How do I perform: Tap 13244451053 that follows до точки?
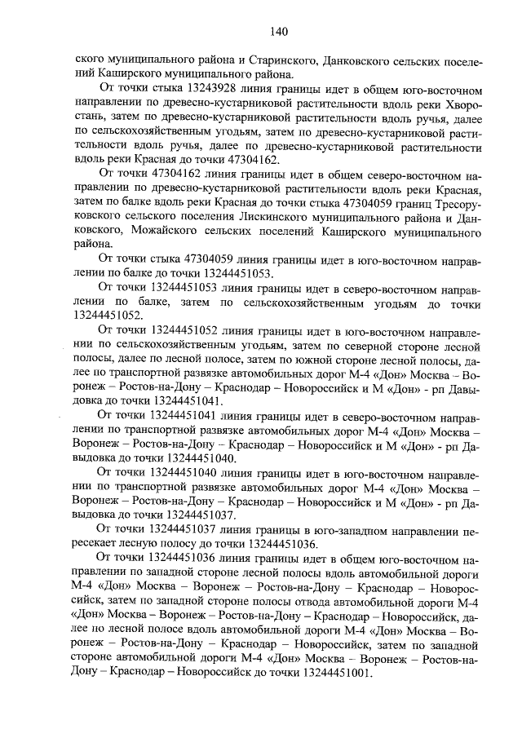coord(245,273)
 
